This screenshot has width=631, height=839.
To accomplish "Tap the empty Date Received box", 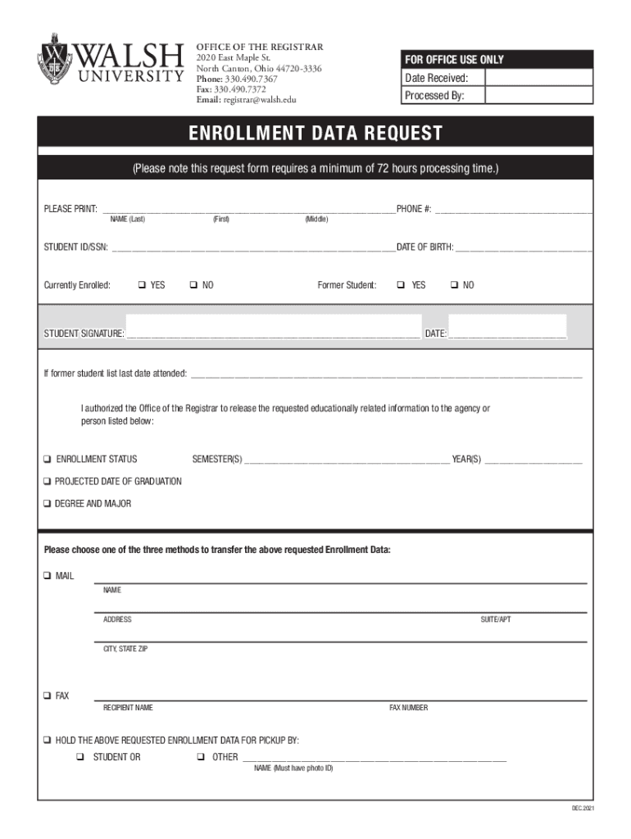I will (538, 78).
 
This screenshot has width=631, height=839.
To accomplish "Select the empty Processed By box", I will (538, 96).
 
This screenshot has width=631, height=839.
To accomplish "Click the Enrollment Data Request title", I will (315, 134).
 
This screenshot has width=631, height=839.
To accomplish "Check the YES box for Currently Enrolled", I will (142, 285).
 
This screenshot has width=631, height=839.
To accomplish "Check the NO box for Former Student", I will (453, 285).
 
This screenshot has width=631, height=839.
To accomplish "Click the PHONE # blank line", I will (513, 210).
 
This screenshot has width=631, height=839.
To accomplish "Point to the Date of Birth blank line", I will (524, 247).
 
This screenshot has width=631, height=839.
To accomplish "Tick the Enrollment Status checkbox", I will (48, 459).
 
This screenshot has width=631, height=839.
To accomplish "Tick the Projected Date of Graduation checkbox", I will (48, 482).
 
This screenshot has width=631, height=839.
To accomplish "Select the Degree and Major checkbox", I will (48, 504).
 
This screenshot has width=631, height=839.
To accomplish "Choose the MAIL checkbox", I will (48, 576).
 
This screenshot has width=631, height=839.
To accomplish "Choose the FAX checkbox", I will (48, 696).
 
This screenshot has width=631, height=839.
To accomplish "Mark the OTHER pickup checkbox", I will (201, 757).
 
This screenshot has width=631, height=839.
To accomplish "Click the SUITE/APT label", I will (495, 619).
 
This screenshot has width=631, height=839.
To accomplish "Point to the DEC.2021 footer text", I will (583, 810).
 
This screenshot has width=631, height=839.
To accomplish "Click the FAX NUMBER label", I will (408, 708).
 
